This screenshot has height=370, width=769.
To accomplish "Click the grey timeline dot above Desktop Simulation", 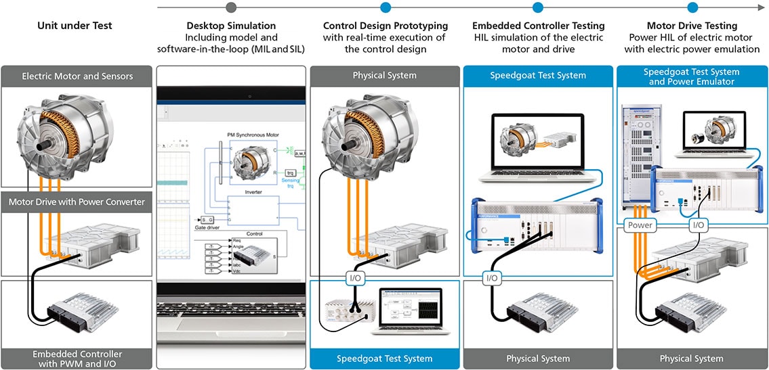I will [x=232, y=7].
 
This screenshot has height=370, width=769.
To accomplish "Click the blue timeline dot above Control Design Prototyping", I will [x=385, y=7].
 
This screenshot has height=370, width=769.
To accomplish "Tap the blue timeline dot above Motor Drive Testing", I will [x=692, y=7].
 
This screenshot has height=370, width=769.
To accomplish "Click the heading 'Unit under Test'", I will [x=75, y=26].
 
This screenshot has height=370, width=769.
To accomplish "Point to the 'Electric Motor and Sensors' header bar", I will [x=77, y=76].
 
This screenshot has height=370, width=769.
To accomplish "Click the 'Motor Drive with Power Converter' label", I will [x=77, y=202].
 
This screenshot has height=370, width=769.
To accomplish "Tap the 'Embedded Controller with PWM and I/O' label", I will [x=77, y=359].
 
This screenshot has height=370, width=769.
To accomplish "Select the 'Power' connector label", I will [x=640, y=225].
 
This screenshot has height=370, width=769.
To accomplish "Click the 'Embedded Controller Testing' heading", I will [x=538, y=26].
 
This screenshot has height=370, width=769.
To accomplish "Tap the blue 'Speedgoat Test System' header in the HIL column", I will [x=538, y=75].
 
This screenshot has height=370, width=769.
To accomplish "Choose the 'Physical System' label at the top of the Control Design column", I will [x=384, y=75].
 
